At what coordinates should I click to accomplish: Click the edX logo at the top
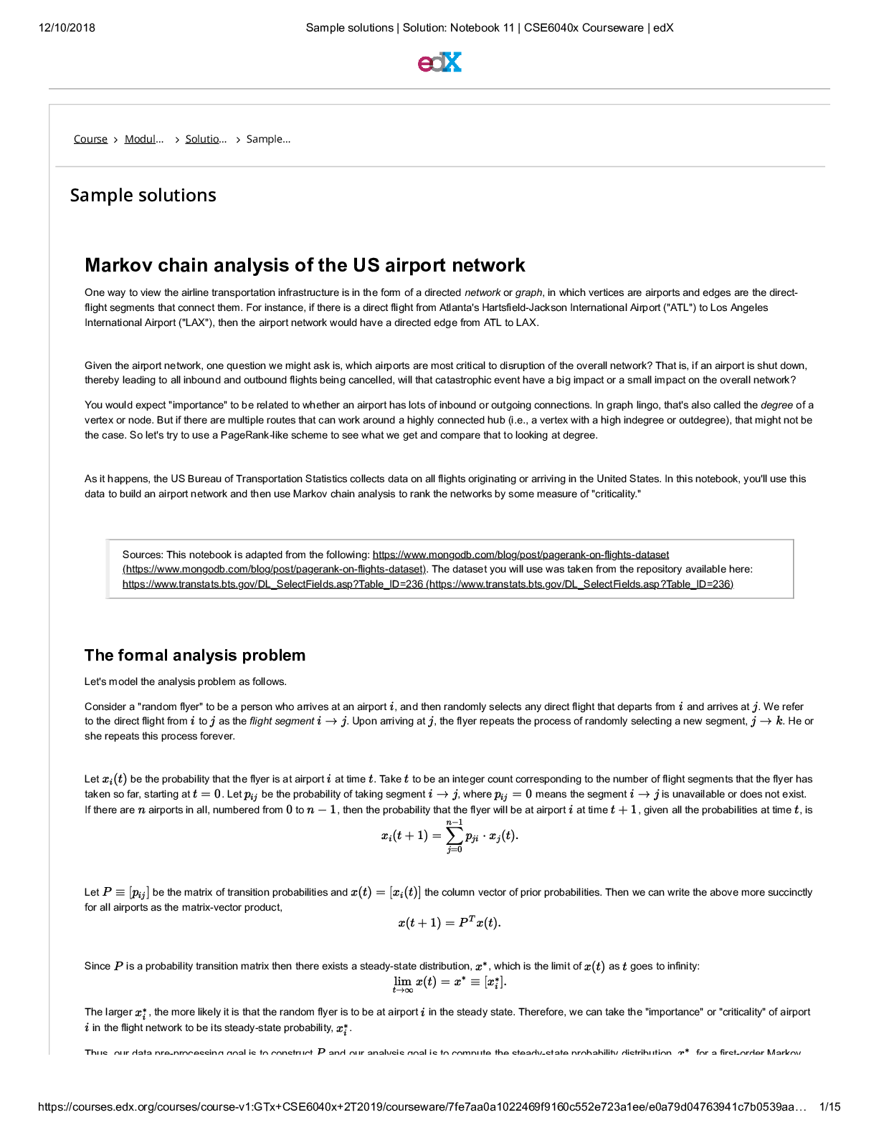(x=439, y=62)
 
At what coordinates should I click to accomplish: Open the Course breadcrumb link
(x=90, y=139)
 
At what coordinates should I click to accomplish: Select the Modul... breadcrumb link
(x=143, y=139)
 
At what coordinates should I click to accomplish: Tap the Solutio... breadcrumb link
(x=205, y=139)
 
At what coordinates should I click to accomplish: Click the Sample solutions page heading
(x=143, y=195)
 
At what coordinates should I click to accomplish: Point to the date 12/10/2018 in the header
(x=67, y=28)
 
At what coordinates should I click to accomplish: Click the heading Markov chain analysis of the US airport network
(x=305, y=265)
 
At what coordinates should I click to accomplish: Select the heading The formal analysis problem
(x=195, y=655)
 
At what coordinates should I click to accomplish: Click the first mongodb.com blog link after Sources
(x=521, y=555)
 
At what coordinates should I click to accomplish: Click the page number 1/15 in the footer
(x=830, y=1107)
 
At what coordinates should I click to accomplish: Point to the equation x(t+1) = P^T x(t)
(x=450, y=923)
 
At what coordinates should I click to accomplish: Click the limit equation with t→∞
(x=450, y=983)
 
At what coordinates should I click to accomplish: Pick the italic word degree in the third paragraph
(x=776, y=405)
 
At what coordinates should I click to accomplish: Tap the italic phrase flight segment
(x=282, y=721)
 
